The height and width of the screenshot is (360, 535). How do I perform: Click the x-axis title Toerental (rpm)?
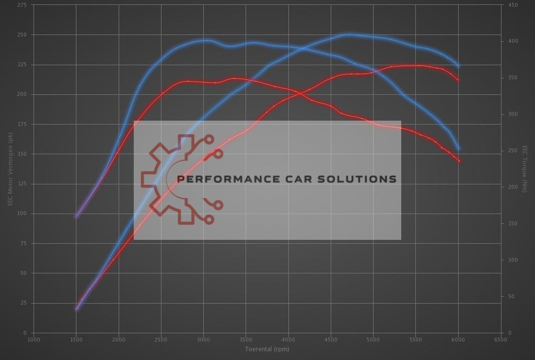coord(267,349)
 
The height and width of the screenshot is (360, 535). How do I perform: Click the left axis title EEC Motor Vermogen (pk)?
coord(10,168)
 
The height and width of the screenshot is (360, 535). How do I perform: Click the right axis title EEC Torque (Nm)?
coord(524,168)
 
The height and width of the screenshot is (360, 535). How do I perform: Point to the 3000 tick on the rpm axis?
coord(203,340)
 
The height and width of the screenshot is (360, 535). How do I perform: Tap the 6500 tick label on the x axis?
coord(500,340)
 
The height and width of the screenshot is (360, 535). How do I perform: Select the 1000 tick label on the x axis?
coord(34,340)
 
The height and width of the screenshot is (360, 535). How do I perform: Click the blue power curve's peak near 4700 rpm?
coord(348,35)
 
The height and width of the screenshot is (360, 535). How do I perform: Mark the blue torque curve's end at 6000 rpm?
coord(459,149)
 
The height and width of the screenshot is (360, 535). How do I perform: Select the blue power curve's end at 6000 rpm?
coord(458,66)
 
